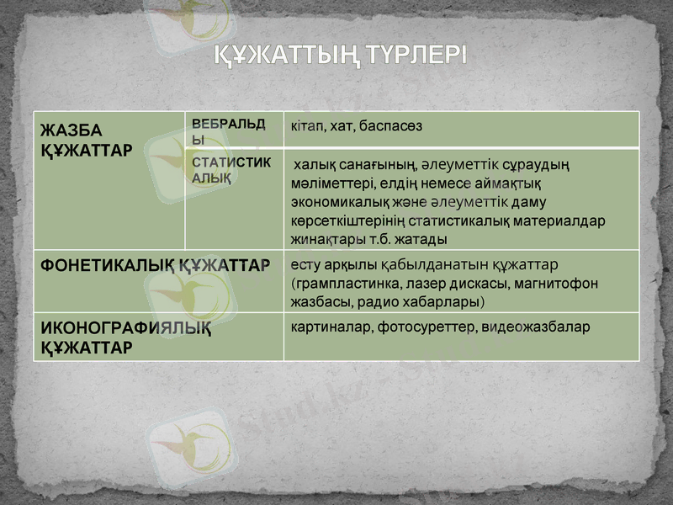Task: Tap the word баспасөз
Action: (x=391, y=125)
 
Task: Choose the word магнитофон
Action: (x=562, y=284)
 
